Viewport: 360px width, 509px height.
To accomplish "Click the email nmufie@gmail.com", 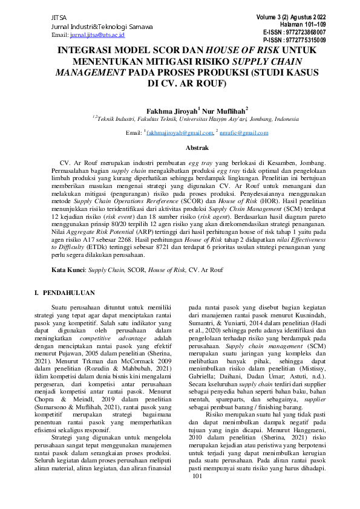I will pos(238,132).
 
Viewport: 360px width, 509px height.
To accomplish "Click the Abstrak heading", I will pos(180,148).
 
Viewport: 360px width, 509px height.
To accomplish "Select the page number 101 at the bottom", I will pos(198,494).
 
